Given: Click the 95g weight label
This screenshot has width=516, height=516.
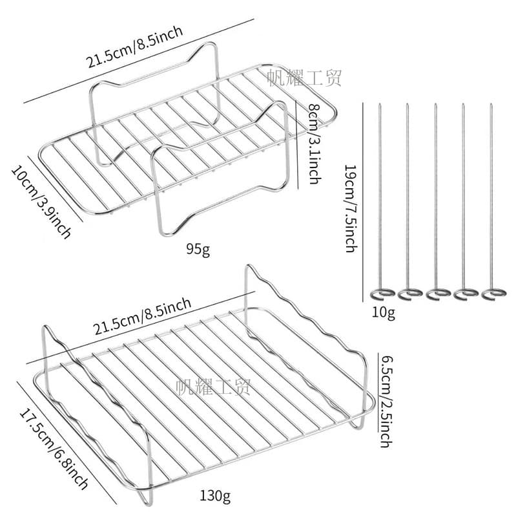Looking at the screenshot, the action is point(198,250).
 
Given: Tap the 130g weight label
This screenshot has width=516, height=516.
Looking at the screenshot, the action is point(215,495).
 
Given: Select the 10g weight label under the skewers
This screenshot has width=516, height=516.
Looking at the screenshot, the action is point(384,313).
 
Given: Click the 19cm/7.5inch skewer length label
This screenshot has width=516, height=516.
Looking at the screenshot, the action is point(351,209).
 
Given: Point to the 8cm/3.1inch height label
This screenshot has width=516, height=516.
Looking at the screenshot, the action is point(315,144).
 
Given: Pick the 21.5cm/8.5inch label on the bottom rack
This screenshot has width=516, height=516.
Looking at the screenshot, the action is point(142,316).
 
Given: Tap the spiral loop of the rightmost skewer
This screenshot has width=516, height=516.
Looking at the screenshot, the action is point(494,294).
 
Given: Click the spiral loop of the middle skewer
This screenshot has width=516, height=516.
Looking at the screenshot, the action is point(439,294).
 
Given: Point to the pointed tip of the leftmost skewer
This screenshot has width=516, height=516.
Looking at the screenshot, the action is point(380,104).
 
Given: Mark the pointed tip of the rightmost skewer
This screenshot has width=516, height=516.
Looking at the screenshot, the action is point(491,104).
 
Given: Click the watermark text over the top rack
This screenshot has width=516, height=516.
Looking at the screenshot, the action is point(304,78).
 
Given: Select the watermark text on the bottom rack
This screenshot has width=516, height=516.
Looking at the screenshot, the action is point(214,387).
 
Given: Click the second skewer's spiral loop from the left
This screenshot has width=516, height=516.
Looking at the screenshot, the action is point(410,294).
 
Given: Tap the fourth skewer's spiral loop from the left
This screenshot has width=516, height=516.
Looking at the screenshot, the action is point(466,294).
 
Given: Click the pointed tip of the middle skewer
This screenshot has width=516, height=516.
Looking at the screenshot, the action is point(435,104).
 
